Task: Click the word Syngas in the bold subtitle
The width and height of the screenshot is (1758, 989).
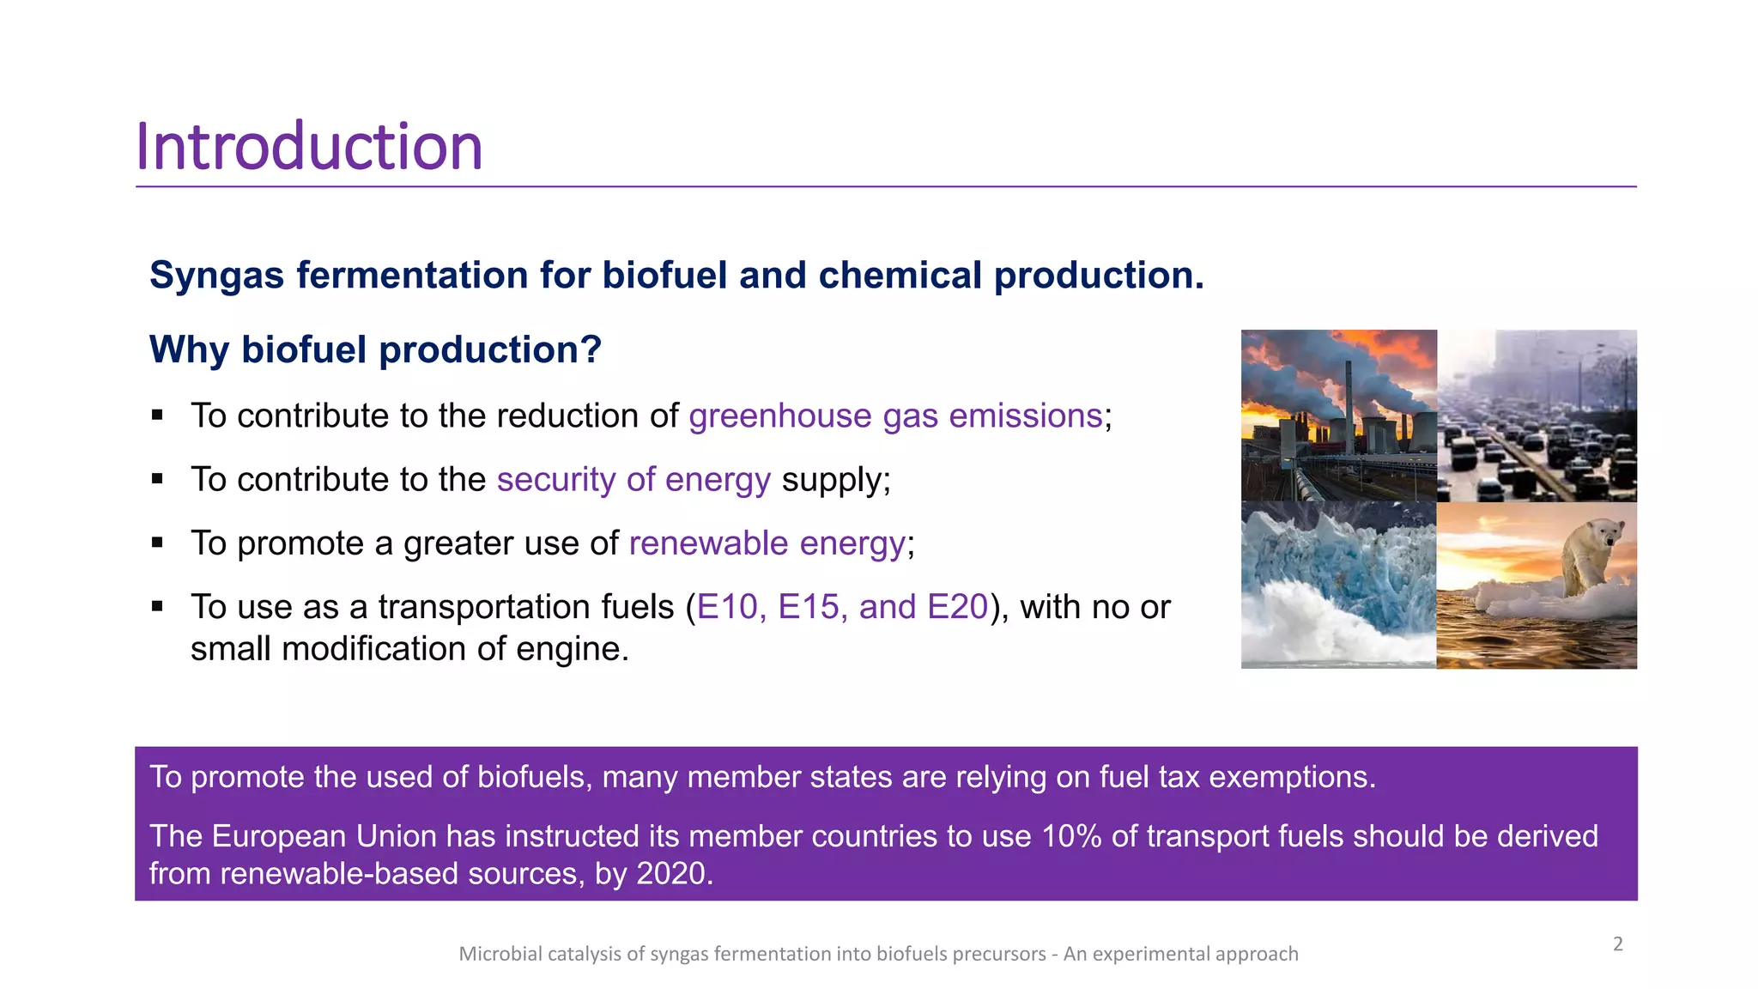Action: click(216, 276)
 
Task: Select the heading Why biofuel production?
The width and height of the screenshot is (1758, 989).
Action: click(375, 350)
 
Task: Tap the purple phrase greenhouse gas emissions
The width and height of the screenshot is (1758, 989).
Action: click(894, 416)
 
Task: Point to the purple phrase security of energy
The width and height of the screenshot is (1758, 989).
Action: click(633, 480)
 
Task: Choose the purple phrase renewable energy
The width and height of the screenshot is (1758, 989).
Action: click(767, 543)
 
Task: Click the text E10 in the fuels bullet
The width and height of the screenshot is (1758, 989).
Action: click(726, 607)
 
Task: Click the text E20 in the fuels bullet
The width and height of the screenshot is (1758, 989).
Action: click(957, 607)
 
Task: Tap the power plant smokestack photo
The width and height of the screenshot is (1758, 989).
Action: click(1338, 416)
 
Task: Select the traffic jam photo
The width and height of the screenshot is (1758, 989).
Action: click(1537, 416)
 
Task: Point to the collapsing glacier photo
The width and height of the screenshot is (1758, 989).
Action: click(1338, 585)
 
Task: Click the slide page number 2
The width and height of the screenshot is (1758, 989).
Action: click(1617, 944)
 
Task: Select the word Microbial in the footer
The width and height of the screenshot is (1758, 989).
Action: click(500, 954)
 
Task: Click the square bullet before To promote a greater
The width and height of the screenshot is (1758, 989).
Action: click(157, 543)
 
